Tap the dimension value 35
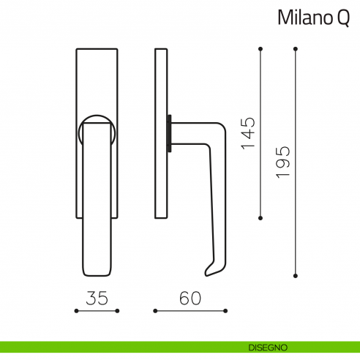[97, 298]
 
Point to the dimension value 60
[190, 298]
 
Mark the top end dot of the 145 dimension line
[261, 49]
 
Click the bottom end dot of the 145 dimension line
[261, 218]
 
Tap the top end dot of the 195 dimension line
[295, 49]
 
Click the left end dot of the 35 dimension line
[76, 310]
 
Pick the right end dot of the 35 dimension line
[117, 310]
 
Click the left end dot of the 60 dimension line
[154, 310]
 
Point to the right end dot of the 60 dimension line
[225, 310]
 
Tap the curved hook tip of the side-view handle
[209, 273]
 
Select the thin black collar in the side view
[170, 133]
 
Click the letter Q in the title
[342, 18]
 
